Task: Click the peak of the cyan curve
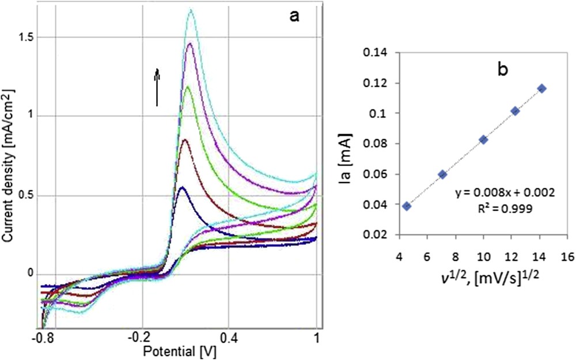tap(190, 10)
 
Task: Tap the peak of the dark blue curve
tap(182, 187)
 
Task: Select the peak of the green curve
tap(187, 87)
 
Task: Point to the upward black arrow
tap(156, 86)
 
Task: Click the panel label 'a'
tap(294, 16)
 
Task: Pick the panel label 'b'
tap(502, 69)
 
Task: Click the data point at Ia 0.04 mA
tap(407, 206)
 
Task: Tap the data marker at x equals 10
tap(483, 139)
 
